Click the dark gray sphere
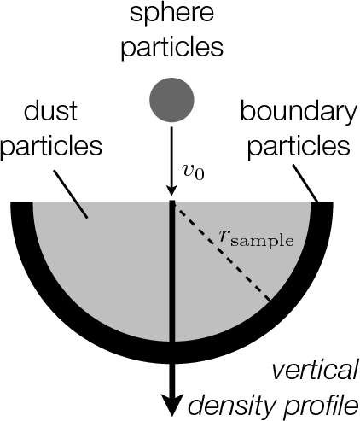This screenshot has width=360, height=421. [x=171, y=100]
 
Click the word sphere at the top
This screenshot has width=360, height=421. [x=171, y=13]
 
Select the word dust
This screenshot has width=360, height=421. [x=50, y=110]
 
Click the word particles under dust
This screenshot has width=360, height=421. [x=51, y=145]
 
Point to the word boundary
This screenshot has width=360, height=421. [x=299, y=112]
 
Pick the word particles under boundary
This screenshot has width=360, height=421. [x=299, y=146]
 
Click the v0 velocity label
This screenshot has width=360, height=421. [x=193, y=172]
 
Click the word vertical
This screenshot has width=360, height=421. [x=315, y=371]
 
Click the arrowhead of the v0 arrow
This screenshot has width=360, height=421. [x=171, y=190]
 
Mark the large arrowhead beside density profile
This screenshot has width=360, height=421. [x=171, y=405]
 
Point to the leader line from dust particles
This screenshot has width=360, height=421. [x=70, y=194]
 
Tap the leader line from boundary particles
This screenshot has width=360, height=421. [x=305, y=184]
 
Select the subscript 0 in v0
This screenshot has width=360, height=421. [x=200, y=175]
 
